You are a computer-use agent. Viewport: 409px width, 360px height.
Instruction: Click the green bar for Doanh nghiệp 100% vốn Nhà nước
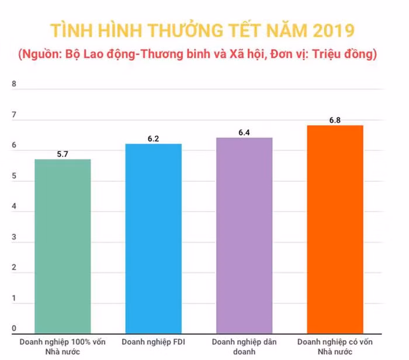click(x=63, y=245)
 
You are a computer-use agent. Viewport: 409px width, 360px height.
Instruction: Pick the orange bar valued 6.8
click(x=335, y=229)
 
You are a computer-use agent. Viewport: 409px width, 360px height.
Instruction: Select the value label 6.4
click(x=244, y=133)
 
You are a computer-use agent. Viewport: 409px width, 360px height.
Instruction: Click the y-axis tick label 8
click(x=14, y=84)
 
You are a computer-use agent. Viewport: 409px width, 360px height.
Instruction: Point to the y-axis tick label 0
click(x=14, y=328)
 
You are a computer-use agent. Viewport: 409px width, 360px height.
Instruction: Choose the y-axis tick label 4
click(x=14, y=207)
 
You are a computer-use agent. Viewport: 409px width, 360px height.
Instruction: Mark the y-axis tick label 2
click(x=14, y=268)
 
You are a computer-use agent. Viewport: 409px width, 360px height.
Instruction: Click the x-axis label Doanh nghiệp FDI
click(x=153, y=341)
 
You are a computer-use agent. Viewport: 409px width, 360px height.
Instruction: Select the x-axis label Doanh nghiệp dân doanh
click(x=244, y=346)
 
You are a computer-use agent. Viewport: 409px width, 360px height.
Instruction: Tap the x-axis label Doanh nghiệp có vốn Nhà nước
click(x=335, y=346)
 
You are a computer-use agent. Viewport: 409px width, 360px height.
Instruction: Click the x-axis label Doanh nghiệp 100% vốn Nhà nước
click(x=63, y=346)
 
